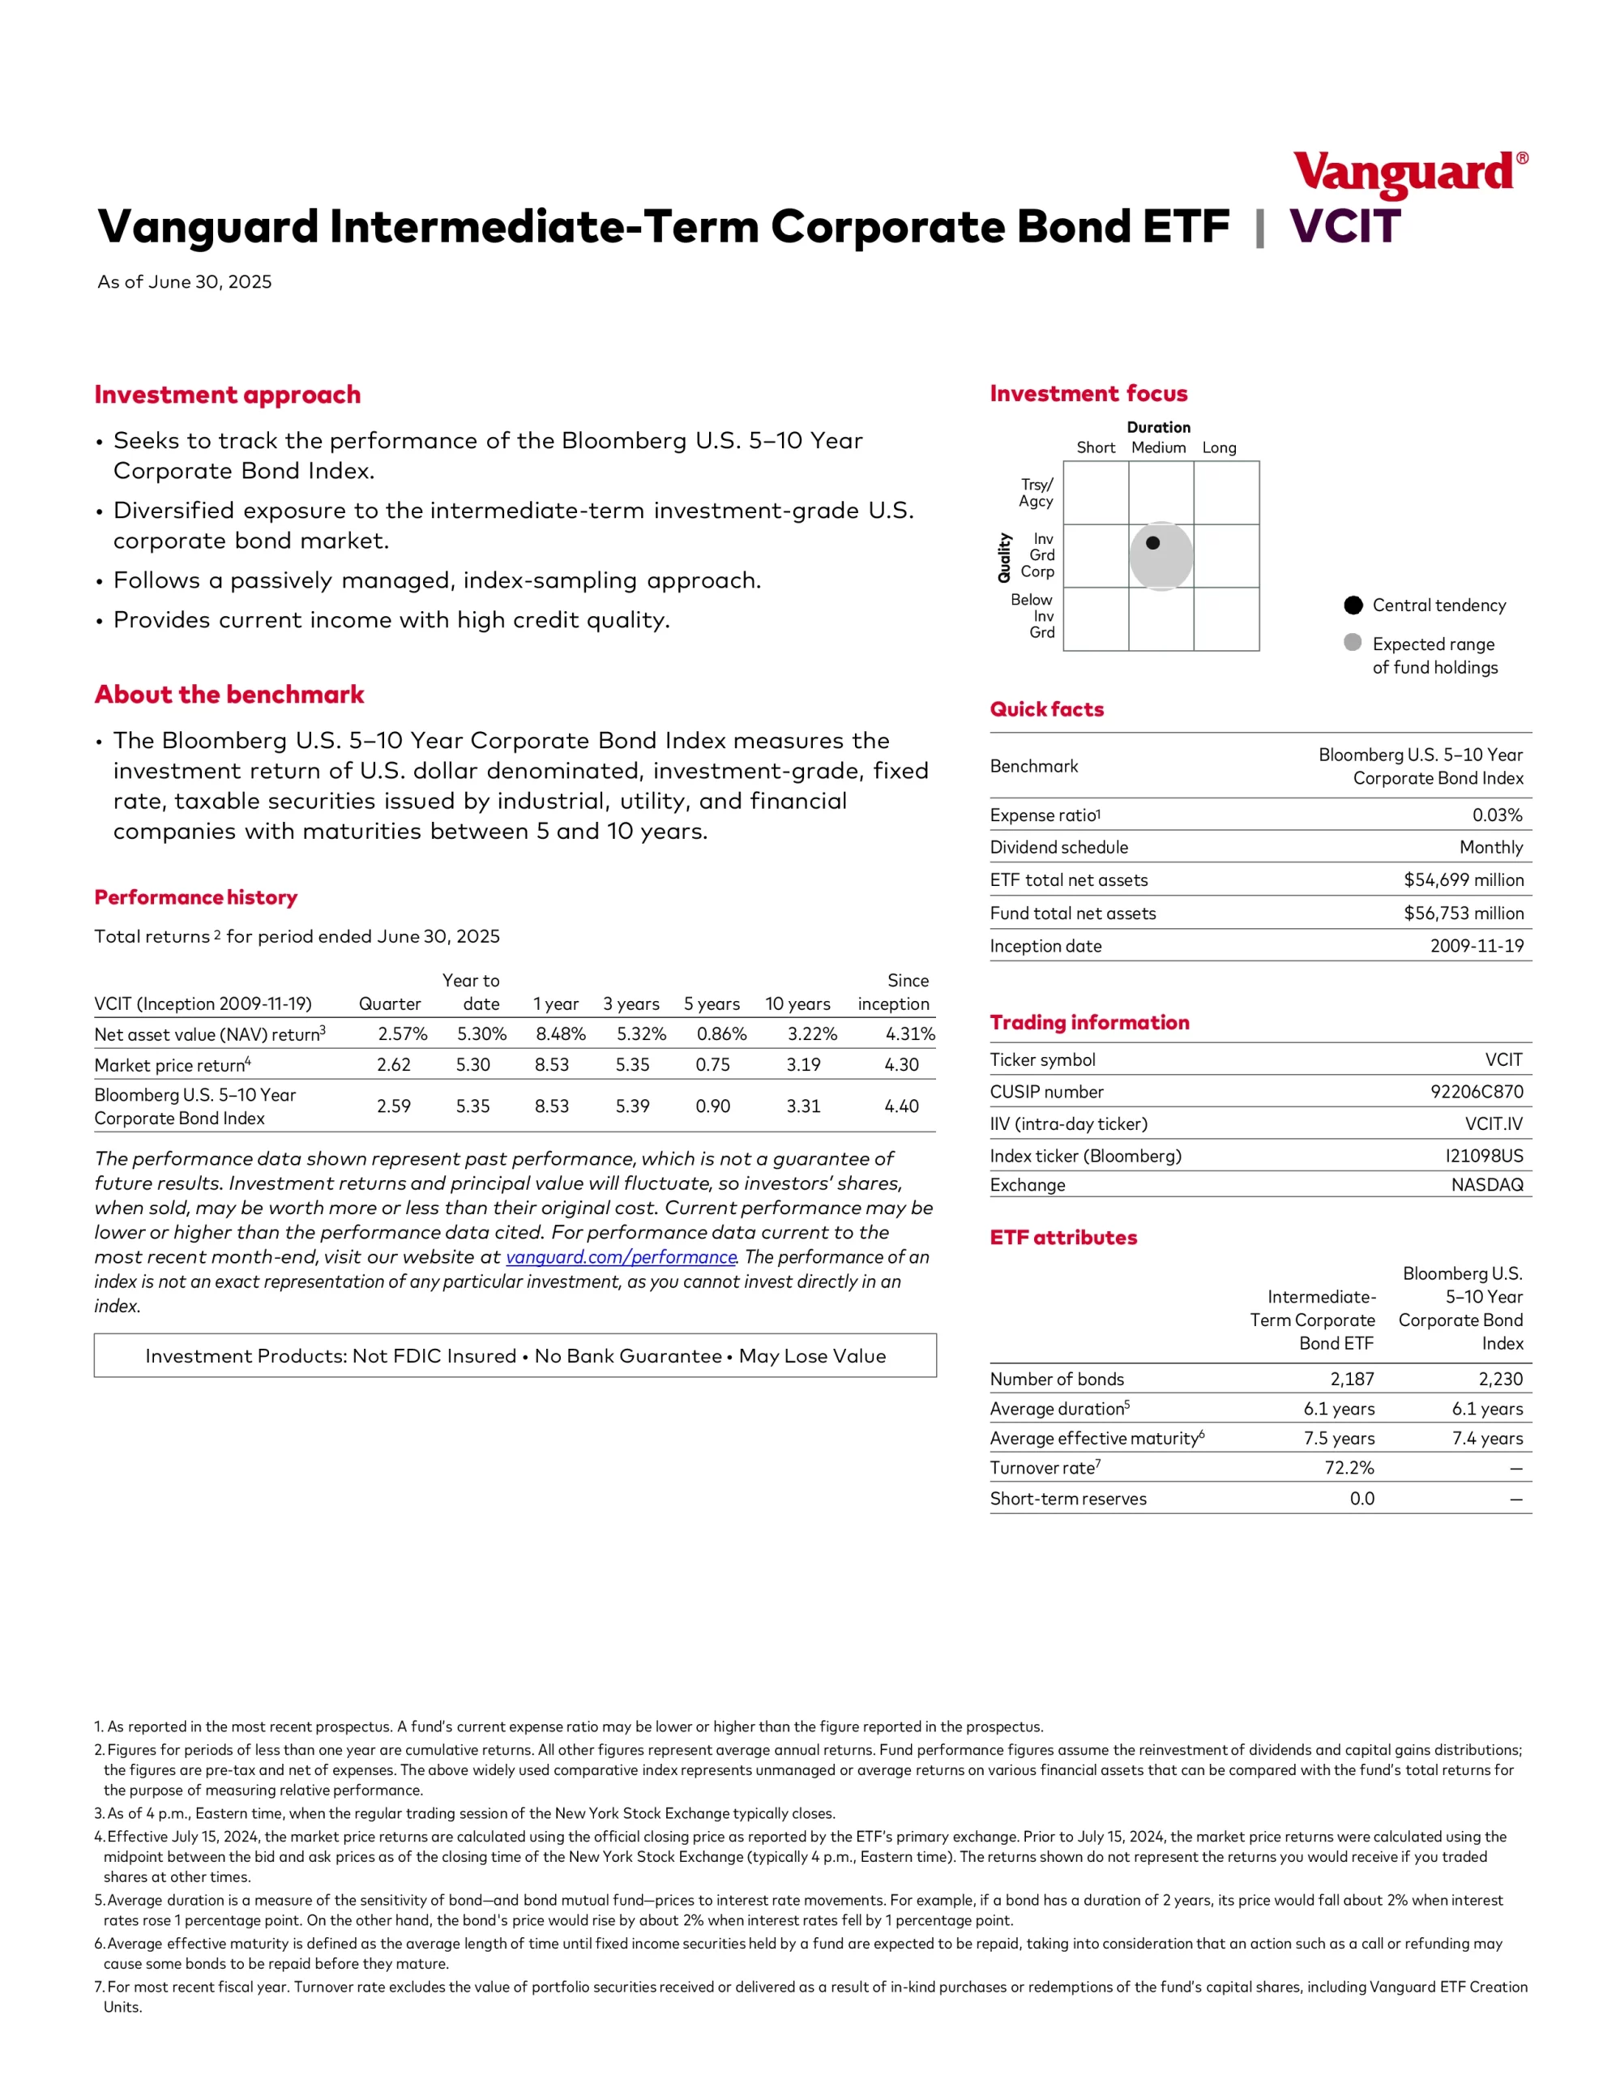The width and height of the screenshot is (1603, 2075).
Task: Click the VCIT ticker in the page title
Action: pos(1344,227)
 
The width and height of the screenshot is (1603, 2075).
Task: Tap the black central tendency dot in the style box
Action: pos(1152,543)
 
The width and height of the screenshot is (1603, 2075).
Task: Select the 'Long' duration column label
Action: pos(1219,447)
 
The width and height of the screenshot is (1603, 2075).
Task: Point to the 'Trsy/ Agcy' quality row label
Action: pos(1036,493)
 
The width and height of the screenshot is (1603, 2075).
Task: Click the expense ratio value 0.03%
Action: pos(1497,815)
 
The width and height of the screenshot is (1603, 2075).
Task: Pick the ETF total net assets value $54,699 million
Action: pos(1464,879)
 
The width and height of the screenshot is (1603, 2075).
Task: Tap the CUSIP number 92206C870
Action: pos(1477,1092)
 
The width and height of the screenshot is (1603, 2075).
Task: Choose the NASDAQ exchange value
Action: pos(1487,1185)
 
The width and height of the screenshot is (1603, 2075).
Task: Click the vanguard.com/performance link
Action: pos(621,1257)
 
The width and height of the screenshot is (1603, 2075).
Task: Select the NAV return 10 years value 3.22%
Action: pos(811,1033)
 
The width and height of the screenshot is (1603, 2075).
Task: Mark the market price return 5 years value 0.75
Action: pos(712,1065)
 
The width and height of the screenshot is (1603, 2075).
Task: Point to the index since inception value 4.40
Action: pos(901,1106)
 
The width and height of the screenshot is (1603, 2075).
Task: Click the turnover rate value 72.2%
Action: pos(1349,1468)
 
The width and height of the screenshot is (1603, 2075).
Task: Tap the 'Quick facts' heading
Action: pos(1046,710)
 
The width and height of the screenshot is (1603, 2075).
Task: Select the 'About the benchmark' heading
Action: pos(229,695)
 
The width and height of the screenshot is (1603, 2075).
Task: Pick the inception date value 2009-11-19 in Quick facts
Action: pos(1477,946)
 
